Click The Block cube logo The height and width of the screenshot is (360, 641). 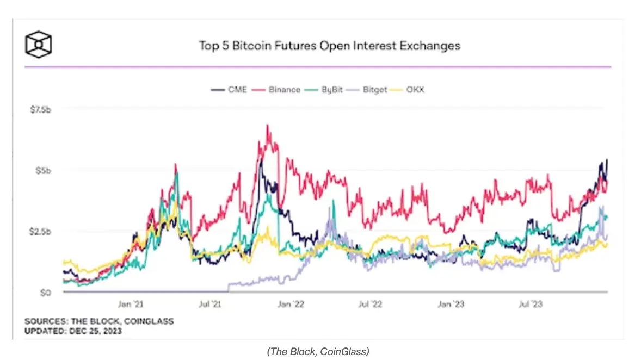pyautogui.click(x=39, y=44)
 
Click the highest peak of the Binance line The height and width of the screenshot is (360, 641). pyautogui.click(x=267, y=126)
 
